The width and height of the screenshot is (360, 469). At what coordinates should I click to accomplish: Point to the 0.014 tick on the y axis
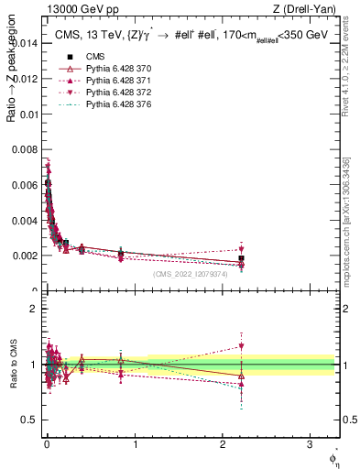[x=27, y=43]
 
